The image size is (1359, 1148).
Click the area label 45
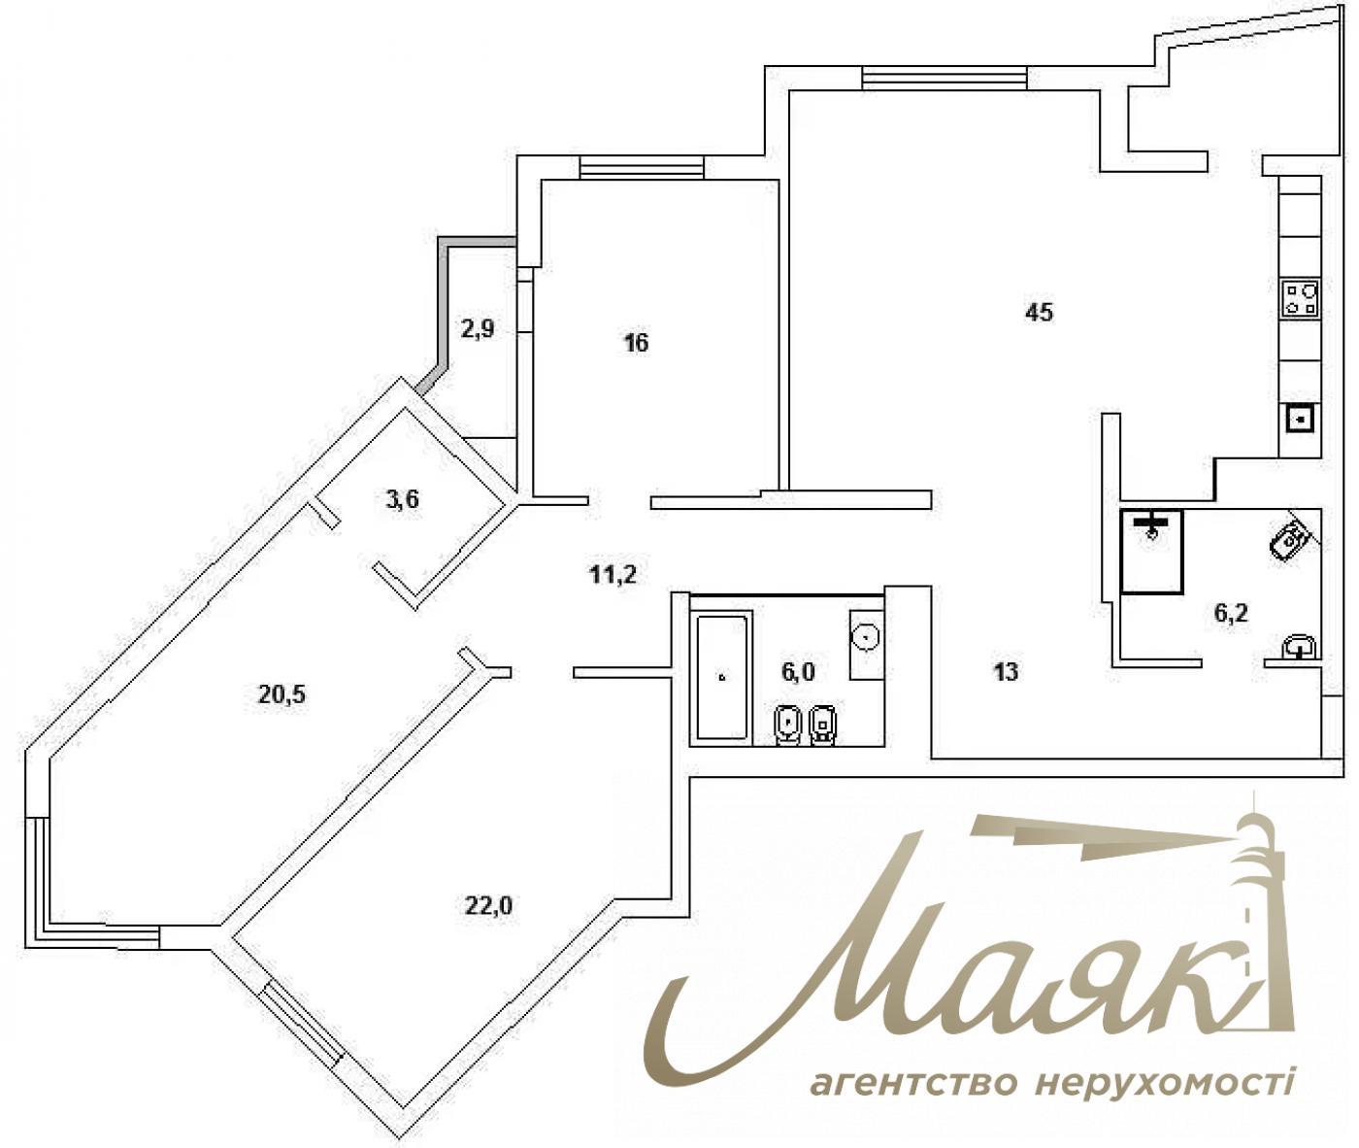click(x=1039, y=313)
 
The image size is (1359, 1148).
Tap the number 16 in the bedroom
click(x=637, y=343)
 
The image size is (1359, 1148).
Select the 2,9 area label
click(x=478, y=329)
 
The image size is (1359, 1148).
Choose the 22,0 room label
click(x=489, y=906)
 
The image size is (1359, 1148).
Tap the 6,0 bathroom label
click(x=799, y=670)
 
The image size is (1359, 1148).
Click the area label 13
click(x=1007, y=671)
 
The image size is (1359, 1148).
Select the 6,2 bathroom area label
click(x=1231, y=613)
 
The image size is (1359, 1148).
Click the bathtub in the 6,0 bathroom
click(x=723, y=677)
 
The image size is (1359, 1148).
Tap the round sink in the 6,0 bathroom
click(x=866, y=637)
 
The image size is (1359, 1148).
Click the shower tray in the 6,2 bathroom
click(x=1152, y=552)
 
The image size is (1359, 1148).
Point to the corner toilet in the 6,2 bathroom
click(x=1291, y=537)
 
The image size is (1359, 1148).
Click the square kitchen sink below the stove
click(x=1301, y=419)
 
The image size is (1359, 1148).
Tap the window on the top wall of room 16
click(x=641, y=168)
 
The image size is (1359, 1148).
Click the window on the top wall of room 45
click(x=945, y=77)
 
